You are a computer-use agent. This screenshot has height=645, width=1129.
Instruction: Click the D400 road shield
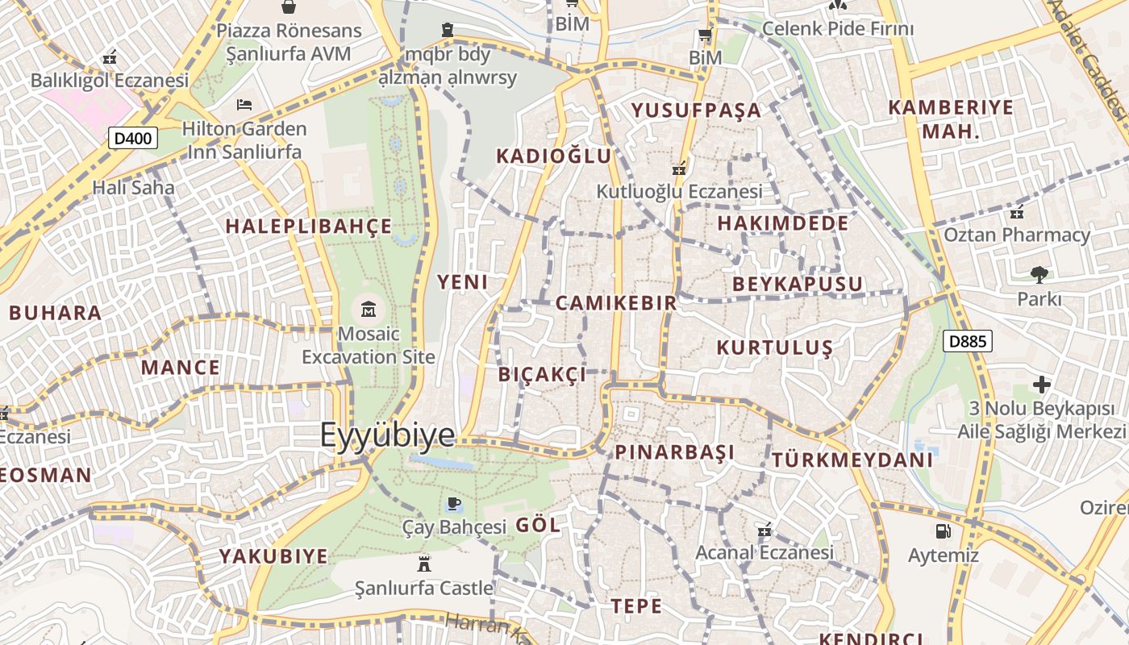133,139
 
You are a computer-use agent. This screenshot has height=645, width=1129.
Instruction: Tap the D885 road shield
967,341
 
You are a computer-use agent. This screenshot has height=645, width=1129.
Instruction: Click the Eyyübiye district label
388,435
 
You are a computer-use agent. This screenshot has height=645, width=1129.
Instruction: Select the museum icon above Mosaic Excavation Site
369,308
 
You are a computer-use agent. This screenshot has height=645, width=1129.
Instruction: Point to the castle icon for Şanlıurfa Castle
424,563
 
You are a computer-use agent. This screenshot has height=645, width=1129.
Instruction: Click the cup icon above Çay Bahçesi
453,504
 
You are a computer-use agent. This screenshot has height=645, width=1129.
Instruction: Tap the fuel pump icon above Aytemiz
943,531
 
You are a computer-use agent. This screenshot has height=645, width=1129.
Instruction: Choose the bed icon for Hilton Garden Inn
244,105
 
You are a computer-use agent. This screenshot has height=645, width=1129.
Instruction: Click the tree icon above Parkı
1039,274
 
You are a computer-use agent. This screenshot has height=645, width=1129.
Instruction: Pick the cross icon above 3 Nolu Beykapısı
1042,384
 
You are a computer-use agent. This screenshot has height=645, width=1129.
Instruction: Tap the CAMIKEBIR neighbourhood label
616,303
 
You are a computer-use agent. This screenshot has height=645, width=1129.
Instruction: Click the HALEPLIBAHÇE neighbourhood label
309,227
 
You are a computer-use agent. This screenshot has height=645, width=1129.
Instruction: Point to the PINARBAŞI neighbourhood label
675,452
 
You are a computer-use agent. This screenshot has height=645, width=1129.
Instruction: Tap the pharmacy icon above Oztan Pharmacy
1017,212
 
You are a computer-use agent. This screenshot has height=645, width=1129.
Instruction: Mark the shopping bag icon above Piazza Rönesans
288,7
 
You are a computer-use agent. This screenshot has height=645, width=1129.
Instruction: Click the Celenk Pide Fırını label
838,29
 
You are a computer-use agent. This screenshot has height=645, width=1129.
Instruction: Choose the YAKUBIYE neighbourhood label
274,556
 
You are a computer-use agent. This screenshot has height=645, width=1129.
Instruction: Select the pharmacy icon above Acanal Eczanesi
764,530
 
